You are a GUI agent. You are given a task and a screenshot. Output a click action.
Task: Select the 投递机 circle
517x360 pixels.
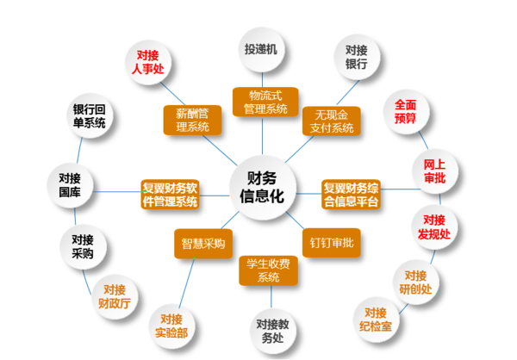tap(260, 51)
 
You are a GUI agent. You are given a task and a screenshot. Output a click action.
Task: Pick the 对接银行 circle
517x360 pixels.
tap(357, 58)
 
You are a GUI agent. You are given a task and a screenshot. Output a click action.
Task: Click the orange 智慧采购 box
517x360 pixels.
tap(200, 244)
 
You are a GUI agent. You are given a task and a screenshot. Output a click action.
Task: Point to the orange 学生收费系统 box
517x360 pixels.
tap(269, 271)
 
